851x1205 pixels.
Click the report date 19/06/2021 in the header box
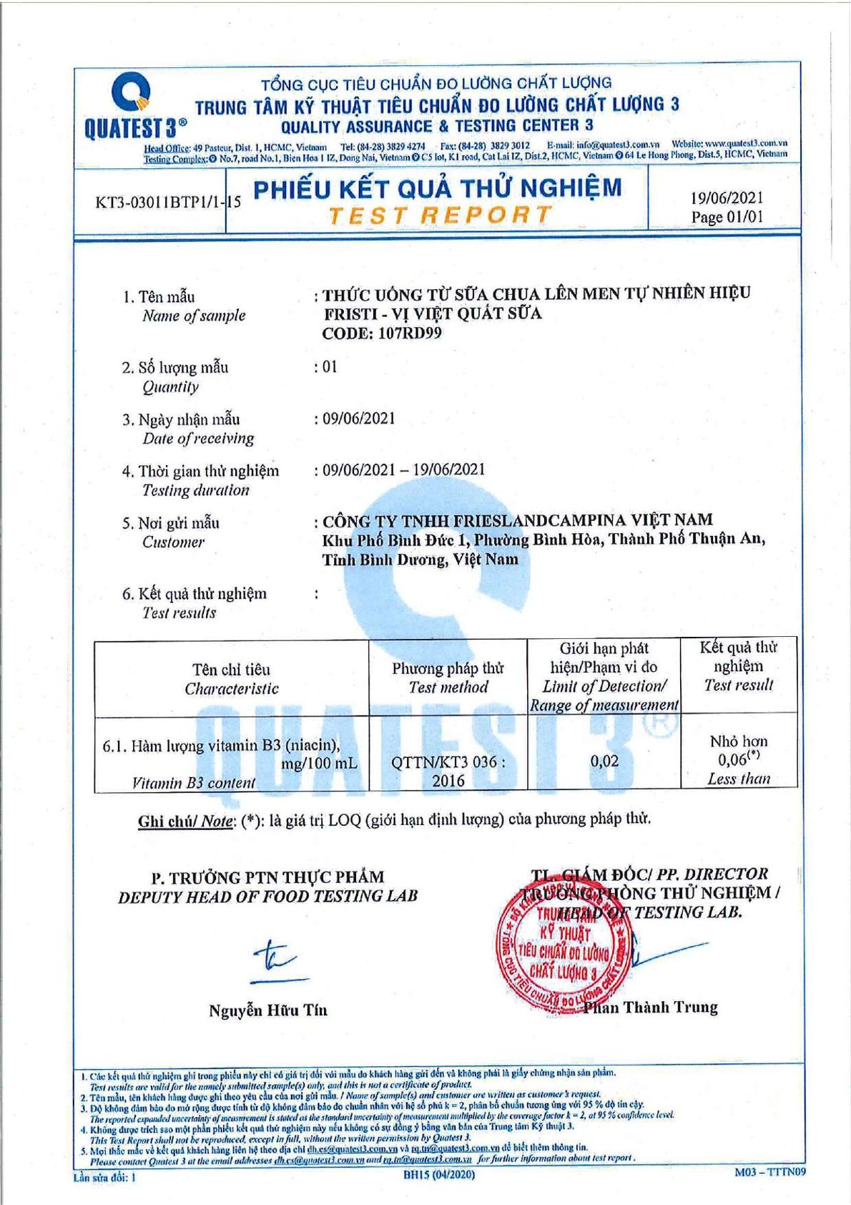(x=726, y=197)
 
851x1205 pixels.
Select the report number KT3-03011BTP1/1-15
(x=168, y=203)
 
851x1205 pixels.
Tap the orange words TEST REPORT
(x=440, y=215)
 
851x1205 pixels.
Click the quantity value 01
(x=329, y=367)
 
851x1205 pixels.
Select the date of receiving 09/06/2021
(x=358, y=419)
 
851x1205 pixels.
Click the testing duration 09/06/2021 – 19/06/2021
(x=403, y=470)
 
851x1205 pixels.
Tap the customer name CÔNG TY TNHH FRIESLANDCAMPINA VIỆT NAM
(x=517, y=520)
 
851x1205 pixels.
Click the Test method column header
(x=448, y=678)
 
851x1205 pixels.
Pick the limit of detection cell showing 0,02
(x=604, y=761)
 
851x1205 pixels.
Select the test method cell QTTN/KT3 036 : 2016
(x=448, y=771)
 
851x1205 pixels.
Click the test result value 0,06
(x=734, y=760)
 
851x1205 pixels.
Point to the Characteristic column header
(x=231, y=679)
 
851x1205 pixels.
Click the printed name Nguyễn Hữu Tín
(x=268, y=1010)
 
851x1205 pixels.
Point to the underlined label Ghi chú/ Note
(x=185, y=821)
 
